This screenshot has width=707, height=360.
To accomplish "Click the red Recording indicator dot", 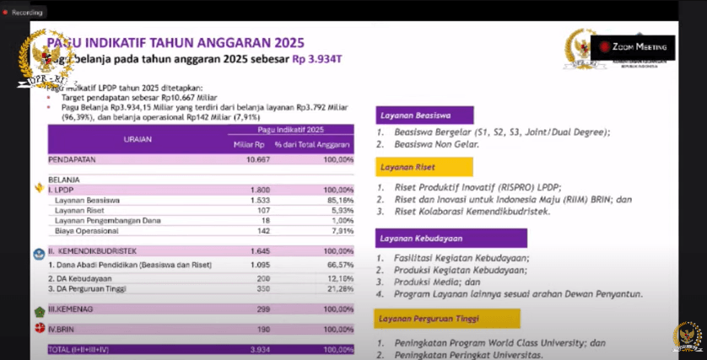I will (6, 13).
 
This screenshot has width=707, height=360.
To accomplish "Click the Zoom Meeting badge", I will (632, 47).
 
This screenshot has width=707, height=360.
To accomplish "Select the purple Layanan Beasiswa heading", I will (424, 116).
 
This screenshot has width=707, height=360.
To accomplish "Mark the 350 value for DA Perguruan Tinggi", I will (262, 287).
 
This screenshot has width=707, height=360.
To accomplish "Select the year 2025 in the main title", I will (278, 42).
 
